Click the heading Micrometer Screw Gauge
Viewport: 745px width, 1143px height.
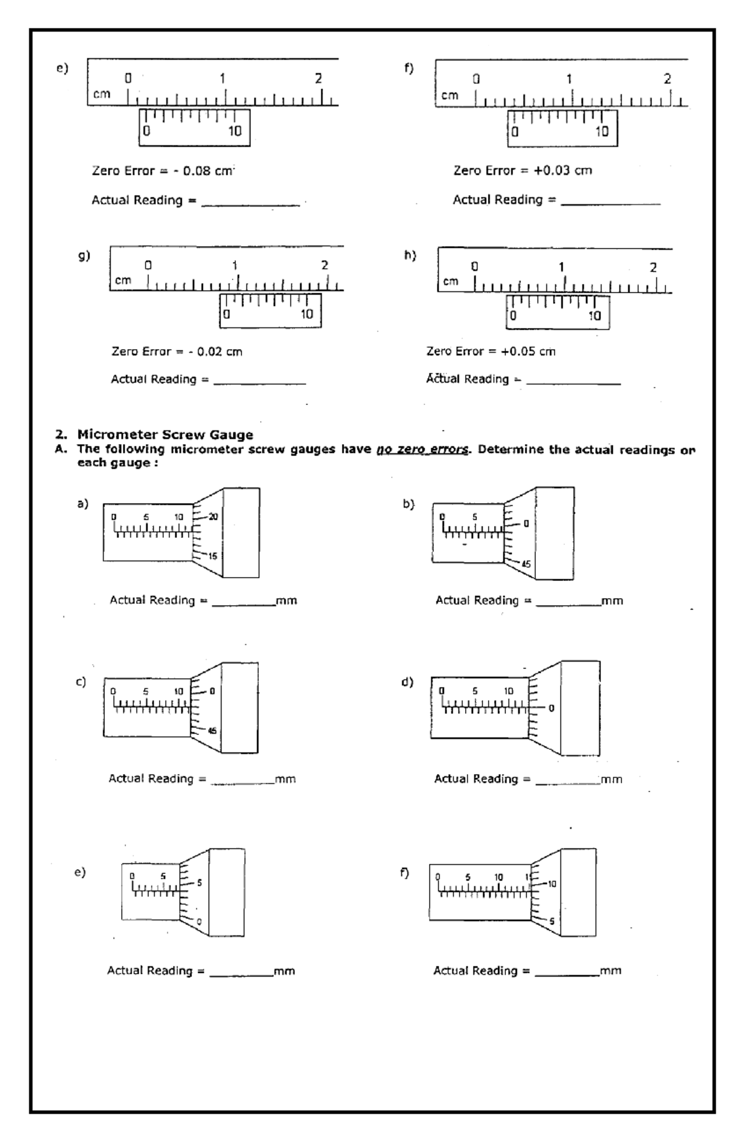(165, 435)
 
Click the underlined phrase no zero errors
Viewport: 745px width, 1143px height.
(422, 449)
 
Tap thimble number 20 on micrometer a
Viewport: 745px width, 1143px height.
(213, 517)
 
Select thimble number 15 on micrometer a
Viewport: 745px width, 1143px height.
(212, 556)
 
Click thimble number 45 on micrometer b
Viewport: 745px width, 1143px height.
(526, 564)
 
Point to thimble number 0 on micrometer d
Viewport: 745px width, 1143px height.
(551, 708)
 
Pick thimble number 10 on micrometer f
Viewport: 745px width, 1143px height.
(552, 883)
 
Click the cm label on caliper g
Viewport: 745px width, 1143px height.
(123, 280)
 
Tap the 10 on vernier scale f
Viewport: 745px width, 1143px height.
(602, 132)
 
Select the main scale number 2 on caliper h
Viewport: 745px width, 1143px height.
(652, 268)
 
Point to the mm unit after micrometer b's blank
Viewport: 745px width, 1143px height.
(612, 601)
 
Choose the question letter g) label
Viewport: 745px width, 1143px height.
(84, 255)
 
